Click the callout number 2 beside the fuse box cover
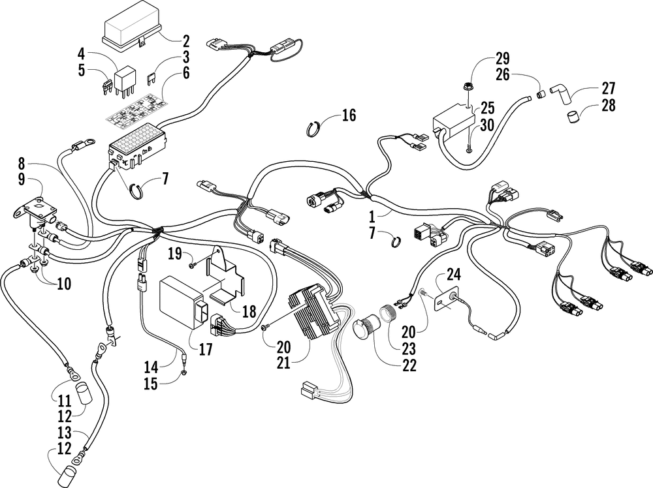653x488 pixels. pyautogui.click(x=185, y=40)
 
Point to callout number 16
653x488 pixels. pyautogui.click(x=349, y=115)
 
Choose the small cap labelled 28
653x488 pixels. pyautogui.click(x=574, y=115)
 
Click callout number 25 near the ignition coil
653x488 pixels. pyautogui.click(x=487, y=108)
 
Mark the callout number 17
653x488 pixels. pyautogui.click(x=205, y=348)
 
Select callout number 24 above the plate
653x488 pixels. pyautogui.click(x=454, y=275)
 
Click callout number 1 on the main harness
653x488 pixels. pyautogui.click(x=373, y=217)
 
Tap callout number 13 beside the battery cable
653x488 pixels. pyautogui.click(x=65, y=433)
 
